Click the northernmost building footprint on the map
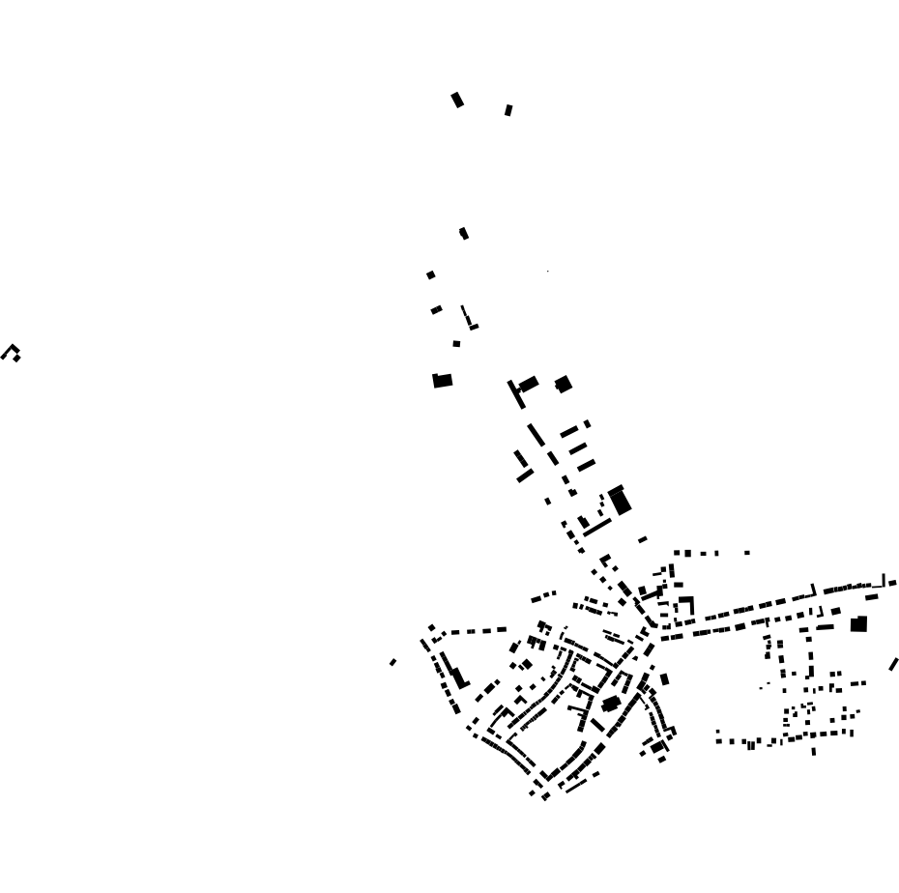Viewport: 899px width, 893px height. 457,100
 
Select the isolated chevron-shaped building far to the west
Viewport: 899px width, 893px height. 12,352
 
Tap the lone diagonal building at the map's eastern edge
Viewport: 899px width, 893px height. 893,664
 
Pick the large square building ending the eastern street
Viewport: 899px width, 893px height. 858,624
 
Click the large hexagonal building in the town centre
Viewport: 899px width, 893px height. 611,704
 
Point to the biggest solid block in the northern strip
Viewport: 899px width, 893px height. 620,502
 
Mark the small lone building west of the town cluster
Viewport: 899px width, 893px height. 392,662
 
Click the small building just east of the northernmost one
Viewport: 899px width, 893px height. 508,110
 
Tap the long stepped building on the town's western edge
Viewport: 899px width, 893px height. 457,676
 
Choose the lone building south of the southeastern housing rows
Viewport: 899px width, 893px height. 813,751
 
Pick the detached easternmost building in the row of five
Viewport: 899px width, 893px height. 747,553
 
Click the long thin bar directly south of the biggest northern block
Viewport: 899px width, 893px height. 597,529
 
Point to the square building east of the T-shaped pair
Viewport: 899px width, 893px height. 564,385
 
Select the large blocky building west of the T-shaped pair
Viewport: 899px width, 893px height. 443,381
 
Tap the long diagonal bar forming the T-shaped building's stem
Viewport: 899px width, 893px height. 515,394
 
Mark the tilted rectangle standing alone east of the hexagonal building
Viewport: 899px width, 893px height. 664,679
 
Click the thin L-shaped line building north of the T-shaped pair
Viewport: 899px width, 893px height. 468,319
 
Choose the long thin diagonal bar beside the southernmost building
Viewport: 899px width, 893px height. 575,786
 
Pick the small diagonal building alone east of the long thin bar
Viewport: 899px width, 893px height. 643,539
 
